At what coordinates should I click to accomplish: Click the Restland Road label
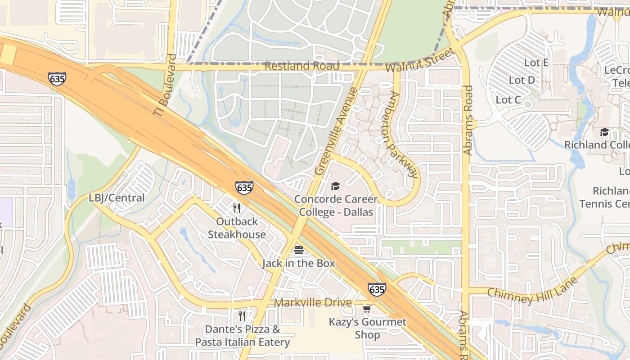click(301, 66)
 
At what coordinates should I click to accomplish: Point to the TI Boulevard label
click(165, 85)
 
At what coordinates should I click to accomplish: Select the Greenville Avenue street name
click(336, 131)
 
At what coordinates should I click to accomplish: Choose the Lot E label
click(536, 63)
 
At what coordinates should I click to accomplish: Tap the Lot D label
click(522, 80)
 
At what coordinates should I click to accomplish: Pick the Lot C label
click(508, 99)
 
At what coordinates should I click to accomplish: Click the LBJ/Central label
click(117, 198)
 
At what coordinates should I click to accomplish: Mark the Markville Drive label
click(313, 302)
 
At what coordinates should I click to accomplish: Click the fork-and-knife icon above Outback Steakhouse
click(237, 208)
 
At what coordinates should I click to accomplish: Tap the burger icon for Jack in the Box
click(299, 250)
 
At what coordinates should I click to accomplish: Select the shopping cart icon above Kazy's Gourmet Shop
click(367, 309)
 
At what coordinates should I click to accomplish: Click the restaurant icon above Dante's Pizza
click(242, 316)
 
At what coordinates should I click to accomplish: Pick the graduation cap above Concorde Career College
click(335, 186)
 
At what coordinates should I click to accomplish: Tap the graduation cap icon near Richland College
click(604, 132)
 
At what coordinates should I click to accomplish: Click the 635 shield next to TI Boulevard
click(57, 79)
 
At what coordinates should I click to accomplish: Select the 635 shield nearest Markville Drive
click(377, 289)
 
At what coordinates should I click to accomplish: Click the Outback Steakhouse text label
click(237, 228)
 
